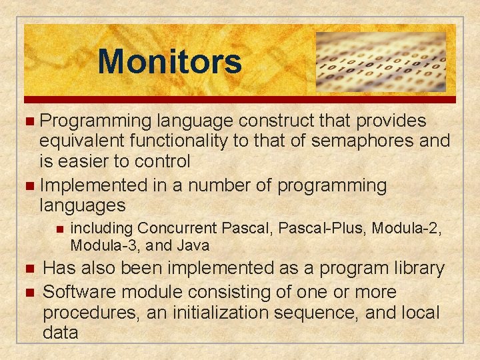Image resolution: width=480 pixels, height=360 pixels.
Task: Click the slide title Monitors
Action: point(169,61)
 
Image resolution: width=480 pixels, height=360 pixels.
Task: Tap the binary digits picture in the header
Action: point(380,61)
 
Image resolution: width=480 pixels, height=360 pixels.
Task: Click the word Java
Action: point(193,245)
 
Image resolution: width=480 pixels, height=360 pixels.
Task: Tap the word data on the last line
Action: point(60,333)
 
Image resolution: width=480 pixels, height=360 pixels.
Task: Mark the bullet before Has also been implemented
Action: point(27,269)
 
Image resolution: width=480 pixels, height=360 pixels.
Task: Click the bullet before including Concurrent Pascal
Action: point(59,229)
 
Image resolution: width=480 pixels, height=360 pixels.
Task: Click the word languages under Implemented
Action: point(83,204)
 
